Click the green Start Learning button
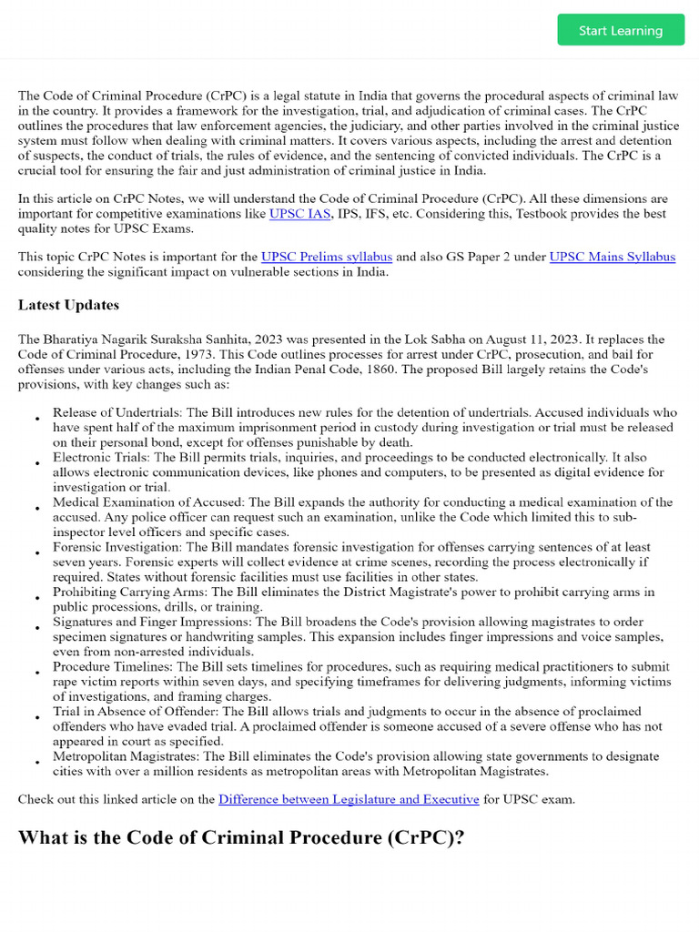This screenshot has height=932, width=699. [x=621, y=30]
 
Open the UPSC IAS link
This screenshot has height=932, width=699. [x=299, y=214]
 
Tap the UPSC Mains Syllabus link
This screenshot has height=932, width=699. [x=613, y=258]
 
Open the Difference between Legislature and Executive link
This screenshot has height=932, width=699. [x=349, y=799]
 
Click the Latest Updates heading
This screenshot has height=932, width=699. [x=68, y=305]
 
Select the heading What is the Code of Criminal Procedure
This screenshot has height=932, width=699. [x=241, y=837]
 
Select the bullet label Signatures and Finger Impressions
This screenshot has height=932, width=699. [x=152, y=622]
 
